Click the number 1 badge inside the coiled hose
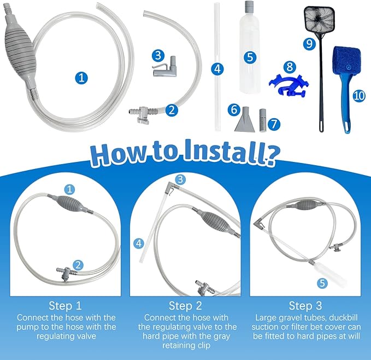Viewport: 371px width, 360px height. point(81,78)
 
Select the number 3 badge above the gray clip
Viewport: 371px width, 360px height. point(158,55)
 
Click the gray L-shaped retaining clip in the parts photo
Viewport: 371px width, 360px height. point(164,67)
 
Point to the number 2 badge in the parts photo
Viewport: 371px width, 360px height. point(172,110)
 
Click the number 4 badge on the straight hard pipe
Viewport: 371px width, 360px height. point(217,69)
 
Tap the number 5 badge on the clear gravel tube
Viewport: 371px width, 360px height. point(250,57)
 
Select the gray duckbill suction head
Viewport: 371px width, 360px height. point(245,119)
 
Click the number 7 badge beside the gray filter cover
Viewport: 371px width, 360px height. point(274,124)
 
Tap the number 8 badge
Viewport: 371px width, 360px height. point(290,67)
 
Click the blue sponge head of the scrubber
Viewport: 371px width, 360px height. point(347,61)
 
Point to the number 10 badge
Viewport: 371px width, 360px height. point(359,96)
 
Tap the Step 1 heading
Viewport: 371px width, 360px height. point(66,306)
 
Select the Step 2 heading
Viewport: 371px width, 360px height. point(186,306)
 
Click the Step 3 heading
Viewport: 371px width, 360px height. point(305,306)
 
